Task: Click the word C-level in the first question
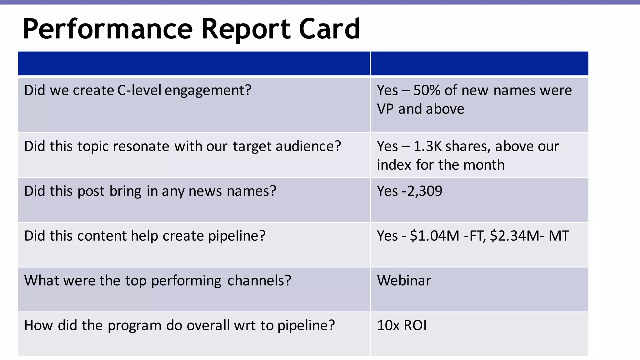point(139,90)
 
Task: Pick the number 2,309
point(424,191)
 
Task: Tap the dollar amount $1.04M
point(435,236)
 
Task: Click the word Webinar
point(404,280)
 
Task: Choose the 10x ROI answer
point(402,325)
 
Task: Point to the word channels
point(259,280)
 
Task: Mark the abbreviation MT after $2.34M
point(559,236)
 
